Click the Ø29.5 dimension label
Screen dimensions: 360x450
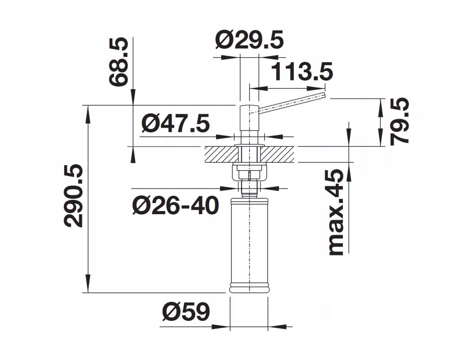coord(249,40)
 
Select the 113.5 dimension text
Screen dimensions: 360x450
coord(301,72)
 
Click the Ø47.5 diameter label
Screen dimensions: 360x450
coord(175,123)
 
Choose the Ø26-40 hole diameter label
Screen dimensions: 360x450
coord(175,206)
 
